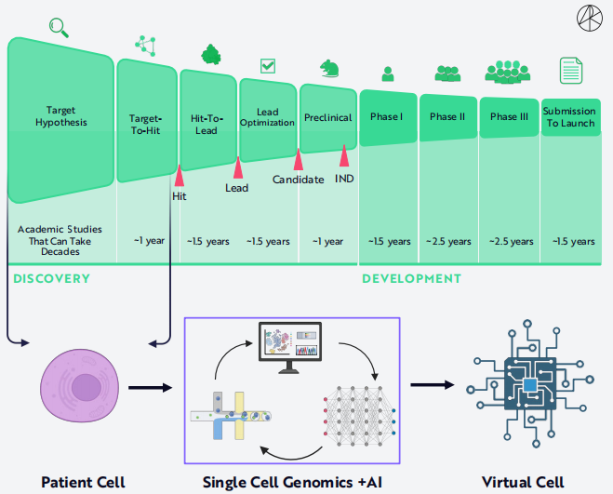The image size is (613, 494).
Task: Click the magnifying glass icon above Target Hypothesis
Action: (60, 28)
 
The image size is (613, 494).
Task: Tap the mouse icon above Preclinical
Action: (329, 68)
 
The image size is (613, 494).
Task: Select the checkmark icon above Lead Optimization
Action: (268, 65)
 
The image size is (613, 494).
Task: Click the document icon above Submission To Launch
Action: (569, 70)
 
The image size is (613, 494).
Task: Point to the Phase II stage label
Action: (447, 117)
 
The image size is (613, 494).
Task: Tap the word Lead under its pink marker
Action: (237, 187)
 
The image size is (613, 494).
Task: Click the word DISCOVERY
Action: (51, 278)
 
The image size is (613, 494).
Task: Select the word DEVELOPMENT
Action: (411, 278)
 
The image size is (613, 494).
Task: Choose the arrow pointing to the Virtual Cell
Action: (438, 385)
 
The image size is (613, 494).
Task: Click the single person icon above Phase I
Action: (388, 73)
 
